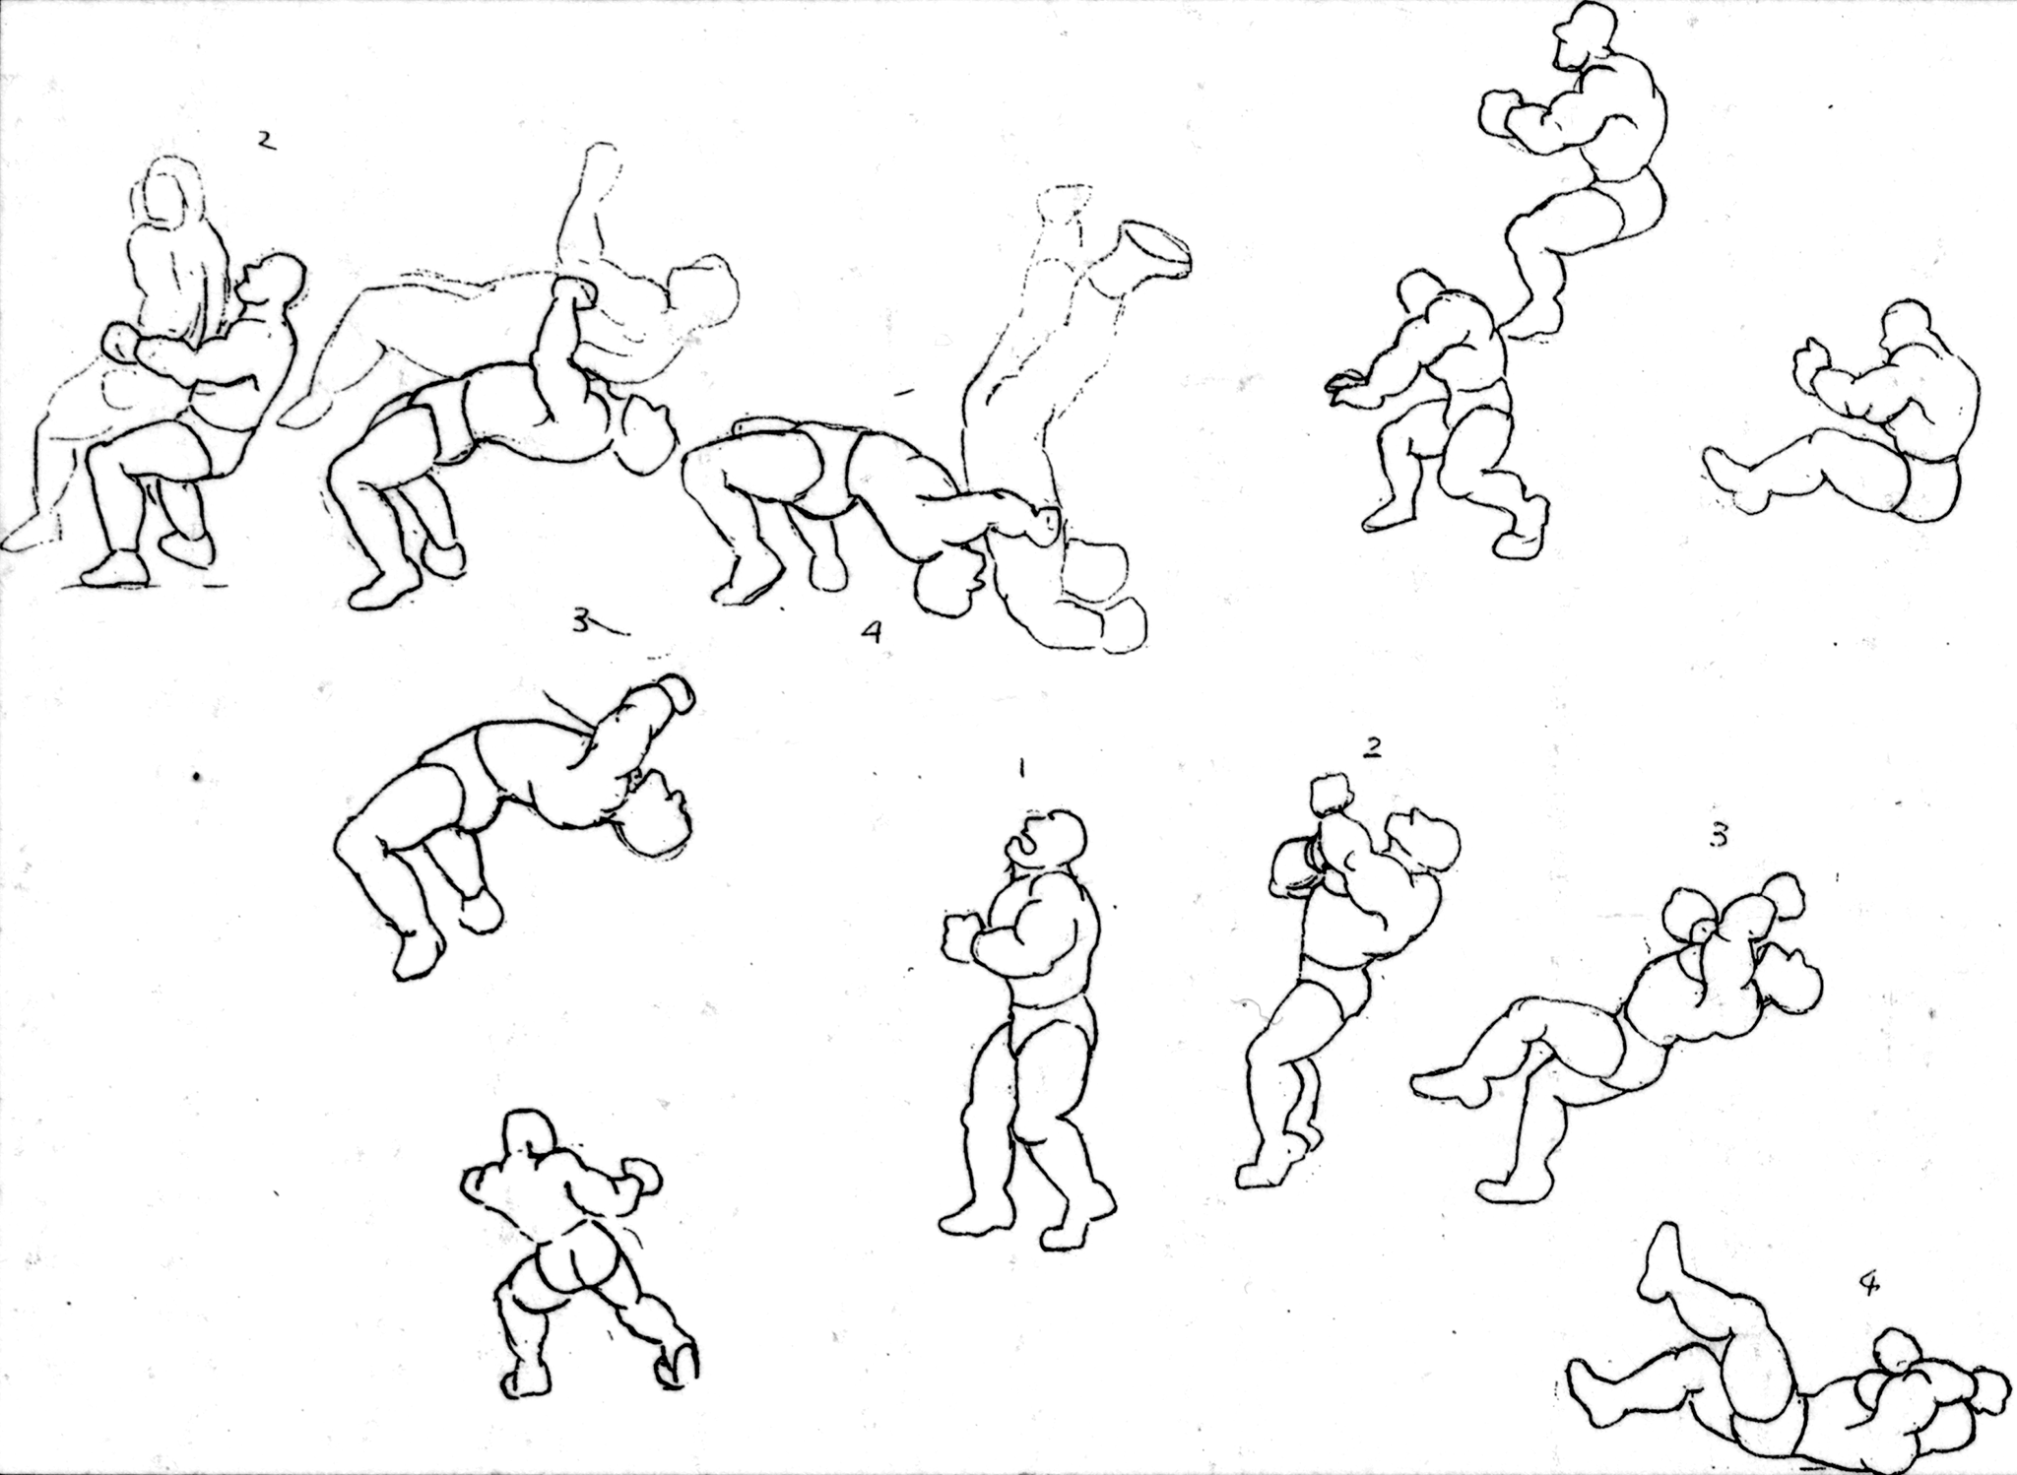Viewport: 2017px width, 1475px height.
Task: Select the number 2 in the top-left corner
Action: (264, 141)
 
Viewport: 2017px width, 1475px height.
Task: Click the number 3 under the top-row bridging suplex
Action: (582, 622)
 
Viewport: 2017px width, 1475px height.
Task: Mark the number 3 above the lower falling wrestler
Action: (1718, 835)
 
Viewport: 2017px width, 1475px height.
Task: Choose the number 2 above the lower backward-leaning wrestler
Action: (1371, 748)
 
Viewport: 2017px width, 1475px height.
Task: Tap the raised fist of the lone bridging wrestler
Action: (671, 693)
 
